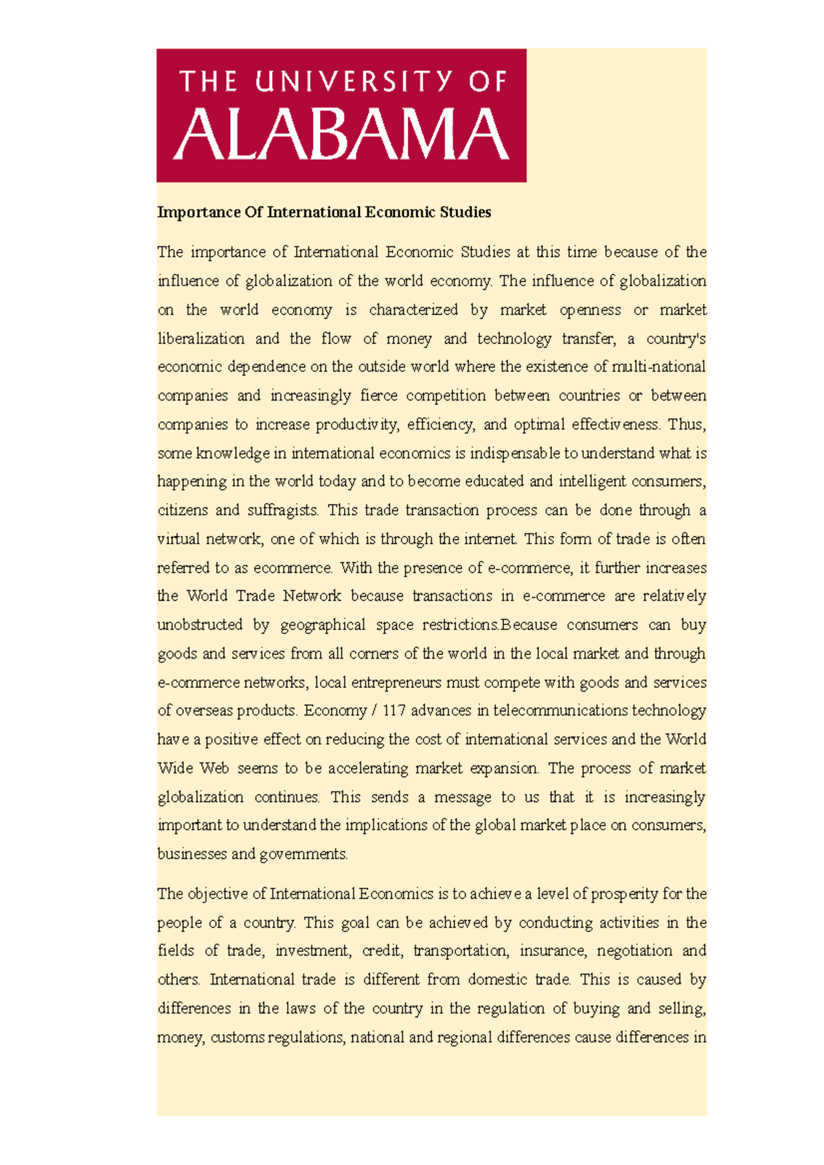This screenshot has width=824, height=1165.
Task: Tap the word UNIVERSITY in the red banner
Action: pyautogui.click(x=355, y=82)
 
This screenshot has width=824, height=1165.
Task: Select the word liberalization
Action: pyautogui.click(x=201, y=338)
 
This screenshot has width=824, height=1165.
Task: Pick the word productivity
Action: pyautogui.click(x=356, y=425)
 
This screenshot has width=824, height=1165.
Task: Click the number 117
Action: pyautogui.click(x=394, y=711)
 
